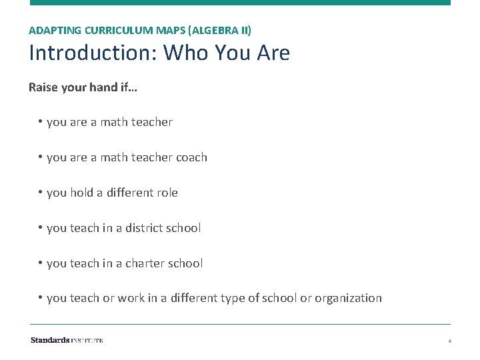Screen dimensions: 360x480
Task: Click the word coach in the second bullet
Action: point(191,157)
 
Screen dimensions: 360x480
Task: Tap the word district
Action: point(143,228)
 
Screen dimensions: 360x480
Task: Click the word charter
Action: point(143,263)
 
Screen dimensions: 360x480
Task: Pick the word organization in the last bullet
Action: point(349,298)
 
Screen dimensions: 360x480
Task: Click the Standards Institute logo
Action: point(67,340)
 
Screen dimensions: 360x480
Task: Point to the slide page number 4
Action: point(450,341)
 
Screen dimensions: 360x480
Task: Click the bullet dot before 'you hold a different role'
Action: point(41,193)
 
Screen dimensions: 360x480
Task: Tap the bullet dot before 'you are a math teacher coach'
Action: point(41,157)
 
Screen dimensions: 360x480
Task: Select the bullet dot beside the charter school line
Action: point(41,263)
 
